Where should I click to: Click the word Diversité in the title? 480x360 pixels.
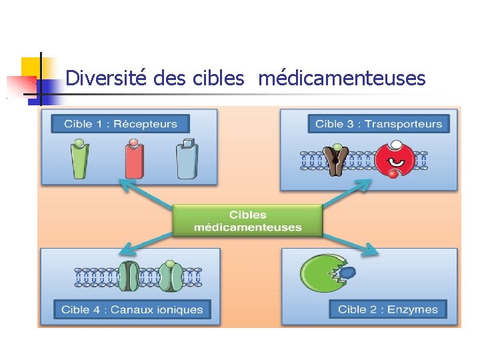(107, 79)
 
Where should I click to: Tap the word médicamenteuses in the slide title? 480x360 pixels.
(341, 79)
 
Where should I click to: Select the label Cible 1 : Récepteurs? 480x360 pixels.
(121, 123)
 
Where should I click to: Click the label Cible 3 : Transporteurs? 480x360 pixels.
(378, 123)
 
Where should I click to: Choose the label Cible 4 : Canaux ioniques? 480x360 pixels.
(132, 309)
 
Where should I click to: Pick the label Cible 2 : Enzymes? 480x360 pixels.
(387, 309)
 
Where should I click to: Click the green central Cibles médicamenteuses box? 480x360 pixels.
(247, 221)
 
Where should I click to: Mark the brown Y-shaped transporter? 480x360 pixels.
(336, 161)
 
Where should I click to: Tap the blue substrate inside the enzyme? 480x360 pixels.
(347, 272)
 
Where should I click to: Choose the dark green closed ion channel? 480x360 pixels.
(129, 276)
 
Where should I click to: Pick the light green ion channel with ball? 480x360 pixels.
(170, 275)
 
